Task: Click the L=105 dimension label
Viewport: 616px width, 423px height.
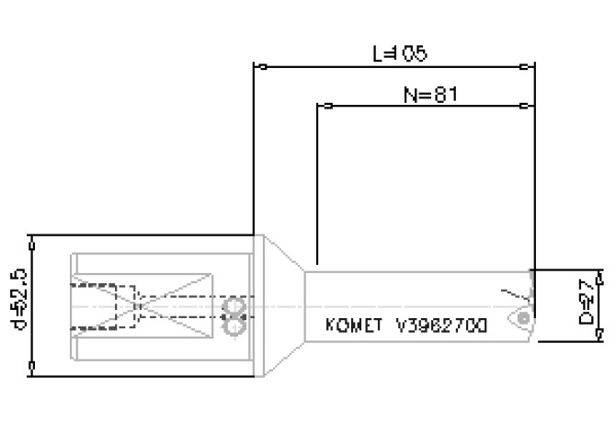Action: click(400, 53)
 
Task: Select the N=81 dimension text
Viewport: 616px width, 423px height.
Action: click(430, 94)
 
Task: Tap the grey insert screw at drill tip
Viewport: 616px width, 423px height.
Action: click(523, 316)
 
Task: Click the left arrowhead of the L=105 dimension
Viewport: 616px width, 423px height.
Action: click(259, 66)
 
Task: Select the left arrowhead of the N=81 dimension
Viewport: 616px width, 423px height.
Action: click(323, 105)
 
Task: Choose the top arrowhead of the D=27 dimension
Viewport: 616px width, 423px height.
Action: click(599, 275)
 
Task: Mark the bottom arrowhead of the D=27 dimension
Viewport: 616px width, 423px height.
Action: click(599, 337)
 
